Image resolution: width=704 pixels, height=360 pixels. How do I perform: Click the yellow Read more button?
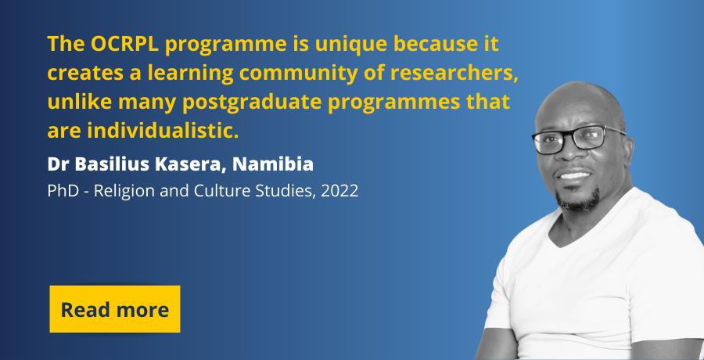coord(115,309)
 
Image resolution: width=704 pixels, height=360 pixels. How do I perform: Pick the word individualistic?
coord(163,131)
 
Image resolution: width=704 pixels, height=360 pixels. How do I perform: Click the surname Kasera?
coord(190,164)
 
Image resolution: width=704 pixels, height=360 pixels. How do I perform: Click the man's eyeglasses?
coord(578,139)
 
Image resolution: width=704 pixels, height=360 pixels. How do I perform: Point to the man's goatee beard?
coord(578,200)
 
